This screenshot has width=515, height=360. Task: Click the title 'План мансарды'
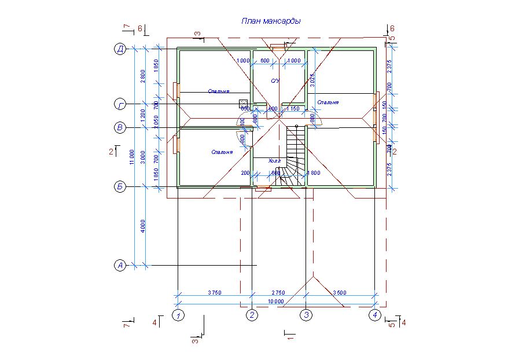click(x=271, y=21)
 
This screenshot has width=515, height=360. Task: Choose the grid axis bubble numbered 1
click(x=179, y=315)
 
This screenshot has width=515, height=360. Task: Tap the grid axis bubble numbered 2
click(x=252, y=315)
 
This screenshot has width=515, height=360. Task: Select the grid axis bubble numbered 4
click(x=375, y=315)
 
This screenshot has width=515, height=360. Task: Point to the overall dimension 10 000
click(x=275, y=302)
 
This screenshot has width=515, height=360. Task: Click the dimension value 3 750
click(x=214, y=292)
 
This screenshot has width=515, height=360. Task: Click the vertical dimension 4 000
click(x=144, y=226)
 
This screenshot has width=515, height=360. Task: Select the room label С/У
click(x=275, y=80)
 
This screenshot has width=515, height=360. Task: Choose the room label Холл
click(x=274, y=161)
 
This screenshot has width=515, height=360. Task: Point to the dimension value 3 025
click(x=312, y=80)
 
